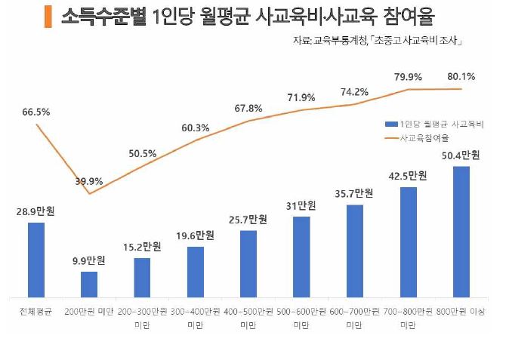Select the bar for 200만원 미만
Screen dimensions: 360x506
89,284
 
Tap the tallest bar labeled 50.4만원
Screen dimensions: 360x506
461,231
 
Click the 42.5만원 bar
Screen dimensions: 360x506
409,242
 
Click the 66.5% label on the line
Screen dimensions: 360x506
36,112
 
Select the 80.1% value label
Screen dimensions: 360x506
461,76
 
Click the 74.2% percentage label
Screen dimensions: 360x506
354,92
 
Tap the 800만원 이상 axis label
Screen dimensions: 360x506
461,311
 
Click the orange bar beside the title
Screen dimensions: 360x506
48,17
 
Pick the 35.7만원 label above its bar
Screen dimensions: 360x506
355,193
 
